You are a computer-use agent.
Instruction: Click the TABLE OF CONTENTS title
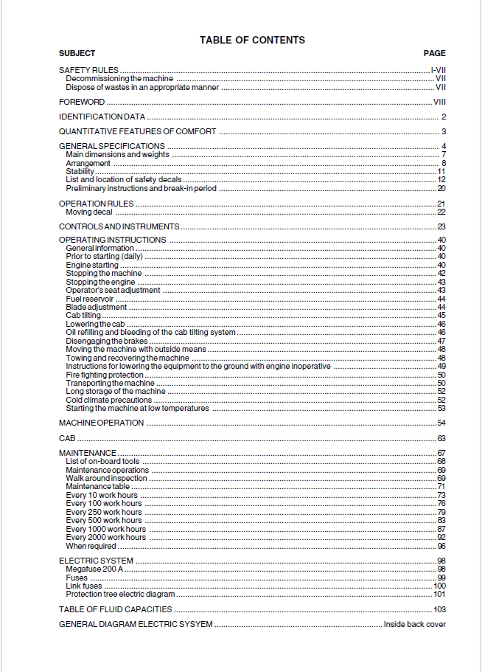[x=252, y=40]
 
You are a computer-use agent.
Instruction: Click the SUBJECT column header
[x=77, y=53]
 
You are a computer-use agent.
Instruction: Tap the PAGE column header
[x=434, y=53]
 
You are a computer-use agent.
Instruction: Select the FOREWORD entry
[x=82, y=102]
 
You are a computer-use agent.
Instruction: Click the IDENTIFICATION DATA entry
[x=102, y=117]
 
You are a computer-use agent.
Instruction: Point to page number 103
[x=439, y=609]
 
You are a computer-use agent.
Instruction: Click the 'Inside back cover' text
[x=414, y=624]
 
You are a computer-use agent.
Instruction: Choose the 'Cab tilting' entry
[x=83, y=316]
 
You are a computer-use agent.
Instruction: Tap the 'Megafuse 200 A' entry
[x=94, y=569]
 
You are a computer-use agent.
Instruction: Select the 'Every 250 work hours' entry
[x=104, y=512]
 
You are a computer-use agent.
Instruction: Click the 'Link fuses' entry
[x=84, y=586]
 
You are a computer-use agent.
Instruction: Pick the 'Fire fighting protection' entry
[x=105, y=375]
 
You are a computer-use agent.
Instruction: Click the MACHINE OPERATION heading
[x=101, y=423]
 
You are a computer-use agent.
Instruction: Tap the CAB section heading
[x=67, y=438]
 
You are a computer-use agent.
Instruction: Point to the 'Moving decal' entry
[x=89, y=212]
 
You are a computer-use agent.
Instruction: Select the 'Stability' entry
[x=80, y=171]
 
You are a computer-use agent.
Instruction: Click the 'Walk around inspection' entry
[x=106, y=478]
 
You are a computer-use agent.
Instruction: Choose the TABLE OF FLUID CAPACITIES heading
[x=116, y=609]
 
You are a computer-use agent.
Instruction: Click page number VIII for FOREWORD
[x=439, y=102]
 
